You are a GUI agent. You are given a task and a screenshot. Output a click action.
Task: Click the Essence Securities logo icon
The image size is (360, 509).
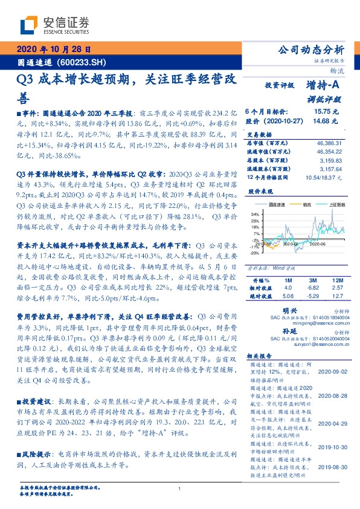click(27, 25)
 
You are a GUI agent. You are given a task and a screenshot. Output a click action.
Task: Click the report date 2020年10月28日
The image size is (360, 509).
click(53, 50)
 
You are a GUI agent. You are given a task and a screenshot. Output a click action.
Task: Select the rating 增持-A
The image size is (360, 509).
click(324, 86)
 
